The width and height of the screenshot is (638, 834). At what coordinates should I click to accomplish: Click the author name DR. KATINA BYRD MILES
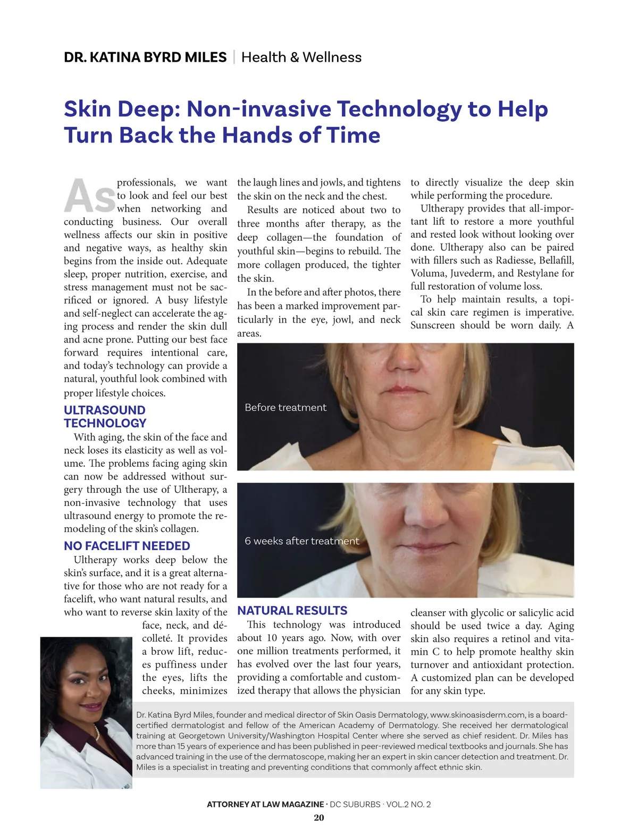click(x=145, y=57)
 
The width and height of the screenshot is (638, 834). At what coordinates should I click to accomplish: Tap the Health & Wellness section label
click(x=301, y=57)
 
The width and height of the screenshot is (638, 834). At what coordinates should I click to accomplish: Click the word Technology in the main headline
click(x=399, y=109)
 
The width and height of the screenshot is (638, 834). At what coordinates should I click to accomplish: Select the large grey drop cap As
click(x=89, y=196)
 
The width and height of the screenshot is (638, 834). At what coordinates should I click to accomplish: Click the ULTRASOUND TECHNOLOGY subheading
click(x=105, y=417)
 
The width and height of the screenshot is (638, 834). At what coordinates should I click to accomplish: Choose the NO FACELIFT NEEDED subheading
click(x=127, y=546)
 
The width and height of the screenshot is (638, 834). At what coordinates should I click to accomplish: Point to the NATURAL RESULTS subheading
click(x=292, y=611)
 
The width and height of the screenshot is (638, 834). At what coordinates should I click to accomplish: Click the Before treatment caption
click(x=286, y=408)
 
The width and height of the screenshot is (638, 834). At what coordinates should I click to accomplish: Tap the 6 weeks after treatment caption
click(x=301, y=541)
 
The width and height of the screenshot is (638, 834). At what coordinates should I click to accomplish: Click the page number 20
click(x=319, y=818)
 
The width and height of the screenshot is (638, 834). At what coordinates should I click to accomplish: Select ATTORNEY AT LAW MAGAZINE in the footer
click(x=265, y=804)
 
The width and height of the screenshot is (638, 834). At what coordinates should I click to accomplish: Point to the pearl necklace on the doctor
click(x=97, y=732)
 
